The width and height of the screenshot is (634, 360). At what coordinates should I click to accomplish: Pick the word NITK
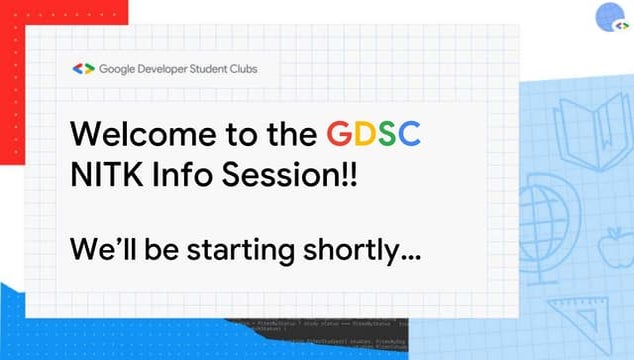104,181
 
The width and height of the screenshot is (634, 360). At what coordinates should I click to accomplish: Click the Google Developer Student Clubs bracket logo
83,69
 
